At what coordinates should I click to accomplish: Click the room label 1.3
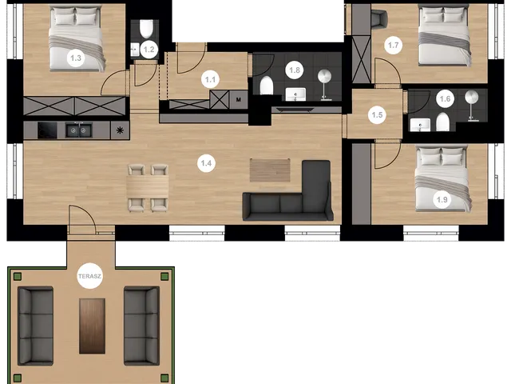pyautogui.click(x=76, y=58)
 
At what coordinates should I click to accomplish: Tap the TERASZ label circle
pyautogui.click(x=90, y=276)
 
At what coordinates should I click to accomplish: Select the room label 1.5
pyautogui.click(x=377, y=115)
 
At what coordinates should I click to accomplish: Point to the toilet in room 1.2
pyautogui.click(x=146, y=29)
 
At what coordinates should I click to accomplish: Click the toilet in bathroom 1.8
pyautogui.click(x=266, y=86)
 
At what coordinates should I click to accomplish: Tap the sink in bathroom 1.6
pyautogui.click(x=420, y=125)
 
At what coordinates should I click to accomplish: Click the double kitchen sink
pyautogui.click(x=78, y=130)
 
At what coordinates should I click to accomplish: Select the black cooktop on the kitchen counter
pyautogui.click(x=47, y=130)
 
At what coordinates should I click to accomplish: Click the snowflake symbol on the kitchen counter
pyautogui.click(x=120, y=130)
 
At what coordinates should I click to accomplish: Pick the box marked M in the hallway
pyautogui.click(x=239, y=99)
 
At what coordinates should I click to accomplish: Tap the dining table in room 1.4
pyautogui.click(x=148, y=187)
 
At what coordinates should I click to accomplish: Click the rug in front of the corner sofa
pyautogui.click(x=270, y=170)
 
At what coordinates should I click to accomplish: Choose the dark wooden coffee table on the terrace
pyautogui.click(x=93, y=326)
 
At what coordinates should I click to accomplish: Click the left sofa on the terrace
pyautogui.click(x=35, y=326)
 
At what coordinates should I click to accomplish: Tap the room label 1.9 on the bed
pyautogui.click(x=442, y=199)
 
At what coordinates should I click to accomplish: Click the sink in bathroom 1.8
pyautogui.click(x=295, y=94)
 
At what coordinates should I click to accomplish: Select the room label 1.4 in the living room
pyautogui.click(x=206, y=163)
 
